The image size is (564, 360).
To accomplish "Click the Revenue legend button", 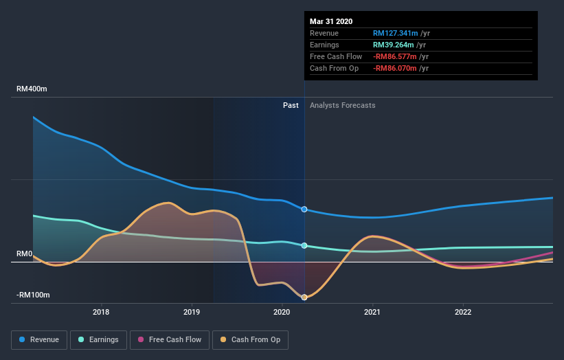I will coord(40,339).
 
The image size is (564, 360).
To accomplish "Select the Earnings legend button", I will coord(98,339).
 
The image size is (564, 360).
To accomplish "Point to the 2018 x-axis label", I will coord(102,311).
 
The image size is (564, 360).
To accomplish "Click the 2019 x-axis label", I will coord(192,311).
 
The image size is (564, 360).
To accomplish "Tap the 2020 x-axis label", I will coord(282,311).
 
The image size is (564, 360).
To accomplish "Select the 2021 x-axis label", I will coord(372,311).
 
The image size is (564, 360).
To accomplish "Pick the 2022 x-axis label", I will coord(463,311).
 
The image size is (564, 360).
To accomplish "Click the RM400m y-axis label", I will coord(32,89).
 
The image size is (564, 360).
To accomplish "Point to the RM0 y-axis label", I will coord(25,254).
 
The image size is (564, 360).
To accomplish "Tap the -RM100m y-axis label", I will coord(32,295).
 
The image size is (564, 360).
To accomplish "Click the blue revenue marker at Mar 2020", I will coord(304,209).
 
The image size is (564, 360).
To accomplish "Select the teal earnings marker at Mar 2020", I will coord(304,245).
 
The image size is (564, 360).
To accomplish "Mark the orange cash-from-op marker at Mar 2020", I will coord(304,297).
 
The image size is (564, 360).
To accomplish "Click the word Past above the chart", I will coord(291,105).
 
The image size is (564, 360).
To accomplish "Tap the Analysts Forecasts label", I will coord(343,105).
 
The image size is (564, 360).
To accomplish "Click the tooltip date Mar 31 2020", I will coord(331,21).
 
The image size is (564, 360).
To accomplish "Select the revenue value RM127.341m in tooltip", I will coord(396,33).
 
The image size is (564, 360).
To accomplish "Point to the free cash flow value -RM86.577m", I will coord(395,56).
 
